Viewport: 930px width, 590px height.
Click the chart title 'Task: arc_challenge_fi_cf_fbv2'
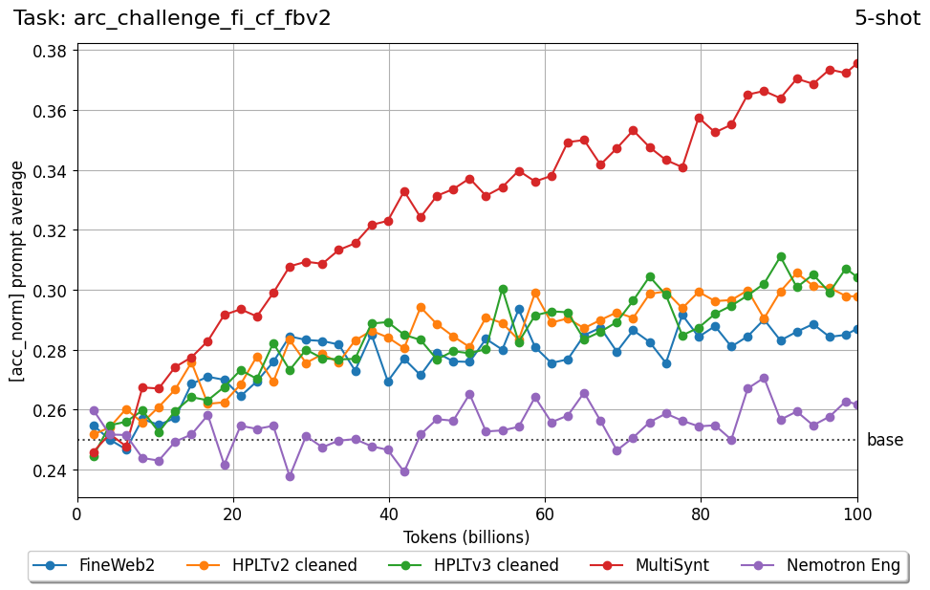(172, 18)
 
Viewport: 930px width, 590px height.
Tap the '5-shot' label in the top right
(887, 18)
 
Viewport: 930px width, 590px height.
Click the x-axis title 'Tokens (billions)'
(467, 536)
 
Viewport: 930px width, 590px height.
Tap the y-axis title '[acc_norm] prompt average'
(17, 271)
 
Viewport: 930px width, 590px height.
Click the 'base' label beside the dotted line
(884, 441)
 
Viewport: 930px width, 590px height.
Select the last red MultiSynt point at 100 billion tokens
(856, 64)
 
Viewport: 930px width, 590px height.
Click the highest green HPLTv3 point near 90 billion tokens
(781, 256)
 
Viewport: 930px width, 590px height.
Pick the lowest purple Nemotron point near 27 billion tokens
(290, 476)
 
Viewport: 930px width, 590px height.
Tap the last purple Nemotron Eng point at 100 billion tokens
(856, 404)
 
